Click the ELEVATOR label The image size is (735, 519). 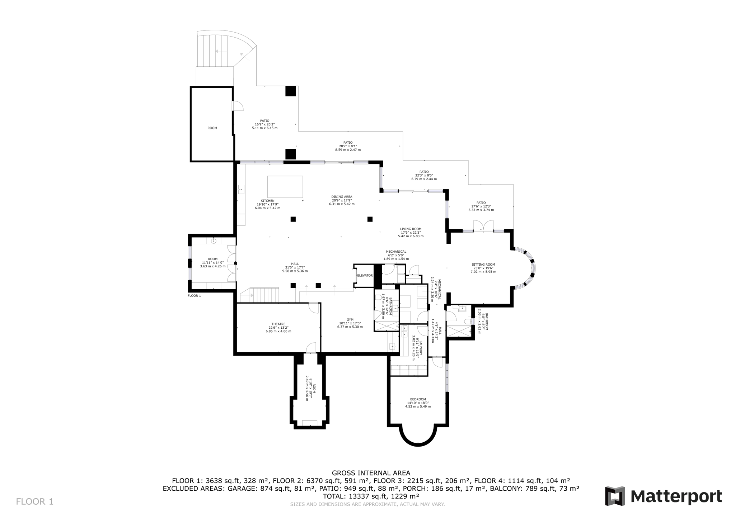coord(365,275)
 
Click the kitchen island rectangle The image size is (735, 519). coord(285,187)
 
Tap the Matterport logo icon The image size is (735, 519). coord(615,496)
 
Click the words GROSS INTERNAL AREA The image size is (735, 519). coord(371,473)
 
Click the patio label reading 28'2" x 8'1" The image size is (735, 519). coord(348,146)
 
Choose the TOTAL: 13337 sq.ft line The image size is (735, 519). coord(371,496)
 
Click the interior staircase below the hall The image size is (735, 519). coord(264,295)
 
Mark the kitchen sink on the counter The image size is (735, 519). coord(241,189)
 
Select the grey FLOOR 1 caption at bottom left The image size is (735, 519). coord(35,501)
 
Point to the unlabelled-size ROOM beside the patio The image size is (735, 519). coord(212,128)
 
